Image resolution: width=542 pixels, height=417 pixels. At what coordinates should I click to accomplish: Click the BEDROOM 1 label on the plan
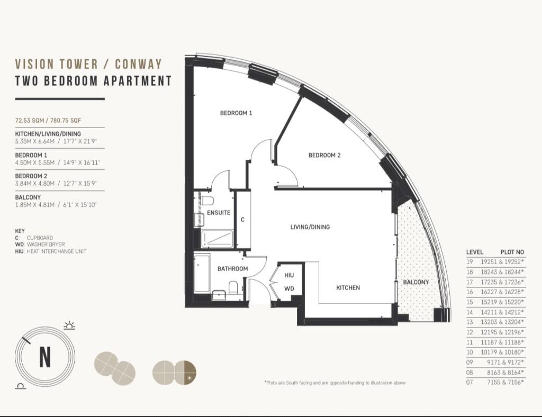[236, 113]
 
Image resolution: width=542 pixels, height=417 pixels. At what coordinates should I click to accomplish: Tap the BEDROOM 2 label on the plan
[324, 156]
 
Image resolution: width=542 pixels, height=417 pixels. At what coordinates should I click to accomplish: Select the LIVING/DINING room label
[310, 227]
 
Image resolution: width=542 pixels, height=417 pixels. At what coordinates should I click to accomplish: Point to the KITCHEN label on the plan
[348, 288]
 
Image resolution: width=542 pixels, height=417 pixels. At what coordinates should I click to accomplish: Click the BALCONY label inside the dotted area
[416, 282]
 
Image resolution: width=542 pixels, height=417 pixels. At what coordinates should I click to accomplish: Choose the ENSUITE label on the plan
[219, 213]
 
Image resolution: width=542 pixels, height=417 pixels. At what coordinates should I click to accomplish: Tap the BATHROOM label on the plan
[232, 269]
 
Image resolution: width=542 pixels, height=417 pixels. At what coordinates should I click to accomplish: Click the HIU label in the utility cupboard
[289, 276]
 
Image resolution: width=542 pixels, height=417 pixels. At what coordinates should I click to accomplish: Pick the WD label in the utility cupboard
[289, 288]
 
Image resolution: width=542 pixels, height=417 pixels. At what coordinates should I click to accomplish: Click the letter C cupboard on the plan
[243, 220]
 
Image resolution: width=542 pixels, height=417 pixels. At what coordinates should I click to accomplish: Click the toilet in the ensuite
[207, 201]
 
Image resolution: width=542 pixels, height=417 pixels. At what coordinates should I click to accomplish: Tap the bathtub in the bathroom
[202, 273]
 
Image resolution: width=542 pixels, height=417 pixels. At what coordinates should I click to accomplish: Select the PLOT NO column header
[512, 252]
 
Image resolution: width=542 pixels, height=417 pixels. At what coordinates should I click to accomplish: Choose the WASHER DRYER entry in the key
[45, 245]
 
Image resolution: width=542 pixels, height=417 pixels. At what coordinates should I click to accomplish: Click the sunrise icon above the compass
[69, 325]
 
